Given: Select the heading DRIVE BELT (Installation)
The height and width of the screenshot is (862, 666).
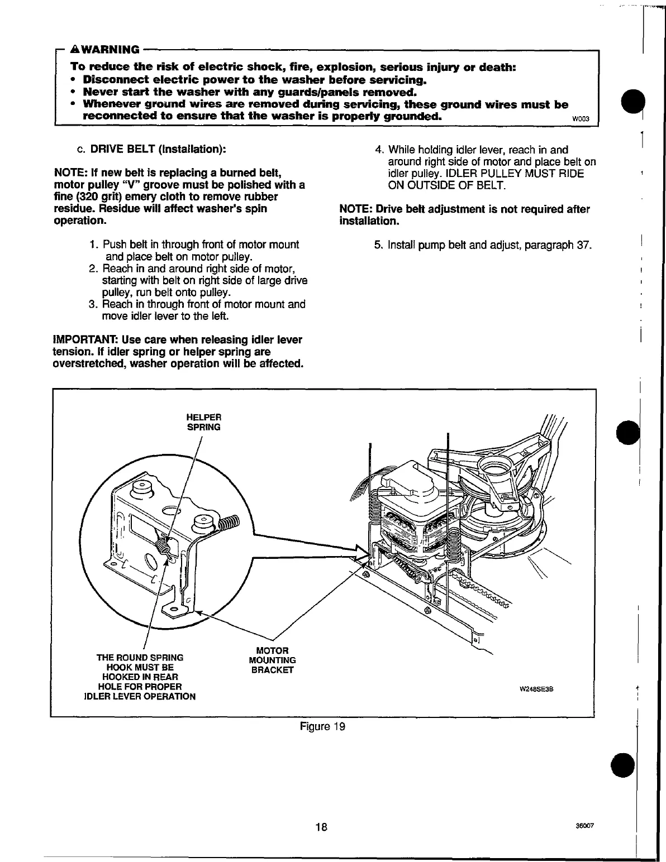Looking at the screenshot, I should tap(158, 150).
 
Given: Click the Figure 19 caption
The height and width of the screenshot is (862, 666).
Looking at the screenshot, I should tap(322, 726).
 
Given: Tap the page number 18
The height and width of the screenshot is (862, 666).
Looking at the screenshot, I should tap(321, 827).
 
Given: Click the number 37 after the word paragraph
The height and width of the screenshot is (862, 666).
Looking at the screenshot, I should tap(583, 245).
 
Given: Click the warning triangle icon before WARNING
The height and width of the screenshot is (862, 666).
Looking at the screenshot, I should tap(76, 50).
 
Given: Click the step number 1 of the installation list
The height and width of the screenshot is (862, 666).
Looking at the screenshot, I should tap(93, 245).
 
